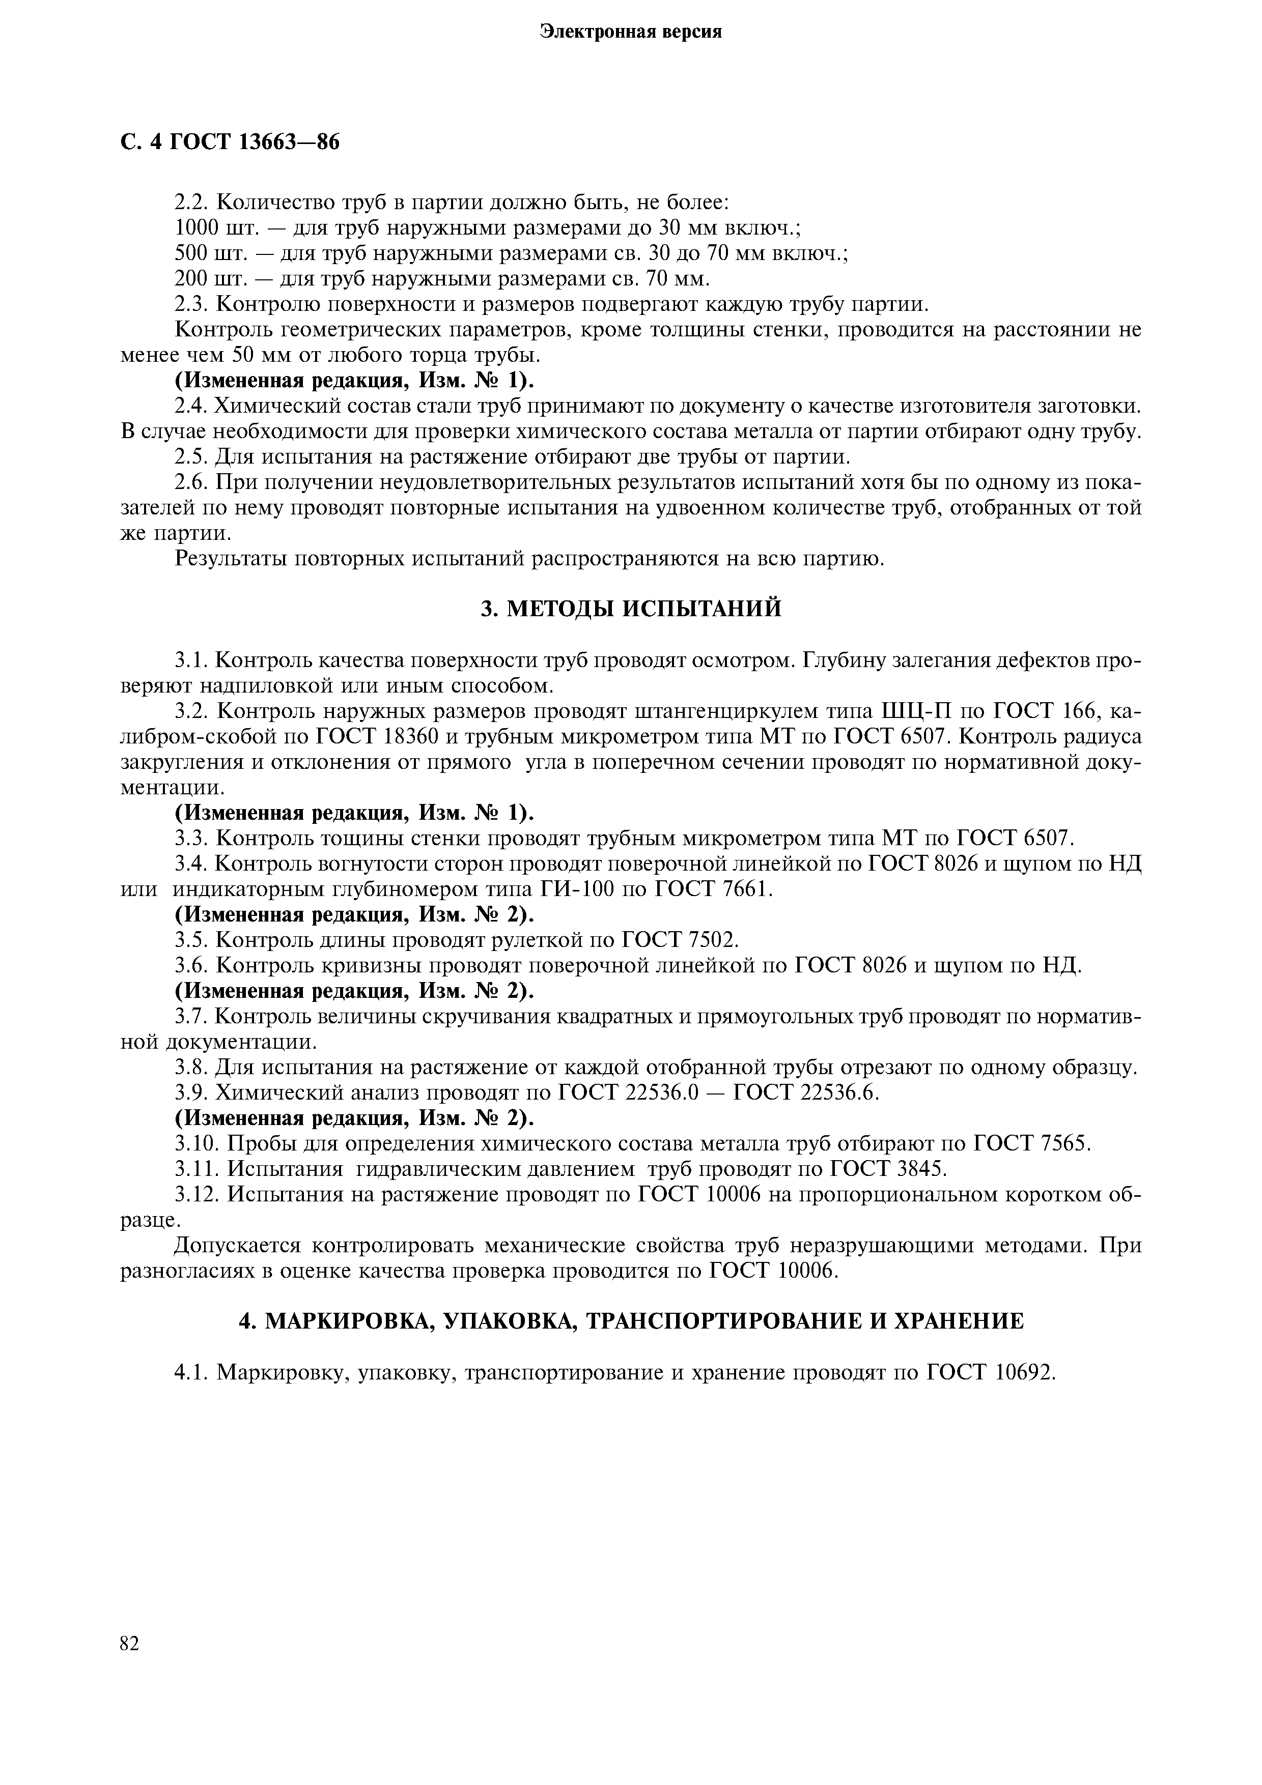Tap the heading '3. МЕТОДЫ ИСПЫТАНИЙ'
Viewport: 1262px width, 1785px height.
point(631,609)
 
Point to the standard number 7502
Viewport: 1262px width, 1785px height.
point(711,940)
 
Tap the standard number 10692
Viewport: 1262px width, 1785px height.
point(1024,1372)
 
